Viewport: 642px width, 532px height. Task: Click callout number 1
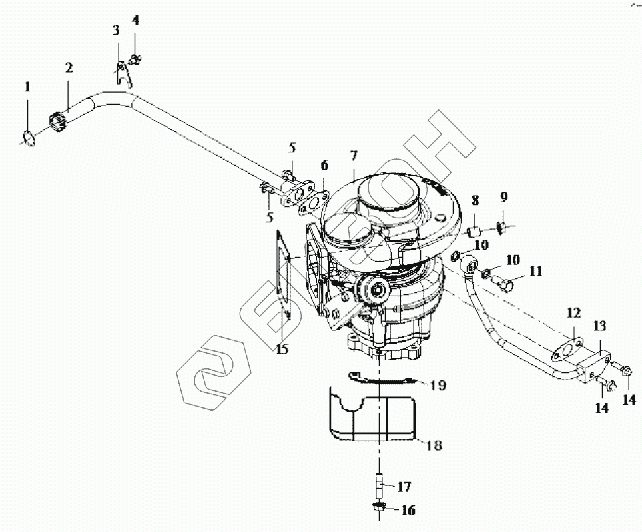pos(27,87)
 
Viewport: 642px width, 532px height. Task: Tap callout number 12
pos(575,312)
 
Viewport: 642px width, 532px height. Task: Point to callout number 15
pos(282,349)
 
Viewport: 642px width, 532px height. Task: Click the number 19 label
pos(438,385)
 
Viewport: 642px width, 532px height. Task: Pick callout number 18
pos(434,445)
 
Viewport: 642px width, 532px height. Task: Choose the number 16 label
pos(408,511)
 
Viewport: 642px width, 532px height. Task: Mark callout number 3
pos(116,30)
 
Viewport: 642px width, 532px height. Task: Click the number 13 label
pos(599,326)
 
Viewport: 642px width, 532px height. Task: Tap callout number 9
pos(503,197)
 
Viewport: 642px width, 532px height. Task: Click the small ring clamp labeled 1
pos(29,138)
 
